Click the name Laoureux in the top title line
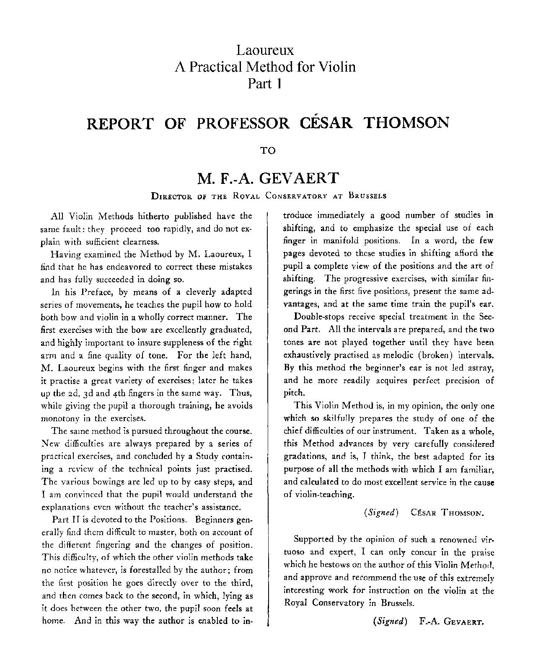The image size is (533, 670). tap(265, 51)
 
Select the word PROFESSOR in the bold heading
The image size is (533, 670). tap(243, 123)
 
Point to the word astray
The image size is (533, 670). tap(480, 368)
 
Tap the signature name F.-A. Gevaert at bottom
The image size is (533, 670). tap(451, 621)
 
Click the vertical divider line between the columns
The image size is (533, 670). tap(267, 419)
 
